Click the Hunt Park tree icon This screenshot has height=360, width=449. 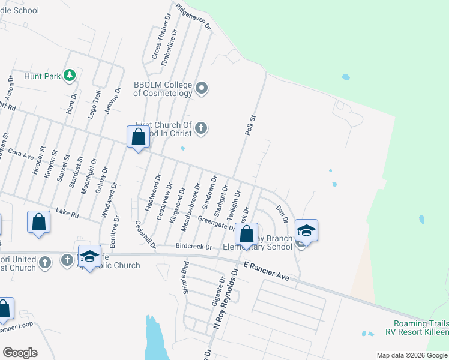[x=70, y=75]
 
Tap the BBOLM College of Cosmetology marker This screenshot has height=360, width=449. [x=202, y=89]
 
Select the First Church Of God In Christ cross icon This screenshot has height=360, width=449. [x=201, y=128]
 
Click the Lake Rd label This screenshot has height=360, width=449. [x=67, y=212]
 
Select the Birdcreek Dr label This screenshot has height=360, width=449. [x=194, y=247]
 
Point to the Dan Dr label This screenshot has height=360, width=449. [x=282, y=214]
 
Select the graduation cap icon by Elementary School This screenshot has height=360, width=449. [x=306, y=231]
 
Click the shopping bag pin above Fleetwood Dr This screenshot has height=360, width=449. [x=138, y=136]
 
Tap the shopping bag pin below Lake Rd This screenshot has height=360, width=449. [x=39, y=221]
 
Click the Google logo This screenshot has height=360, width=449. [x=20, y=352]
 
